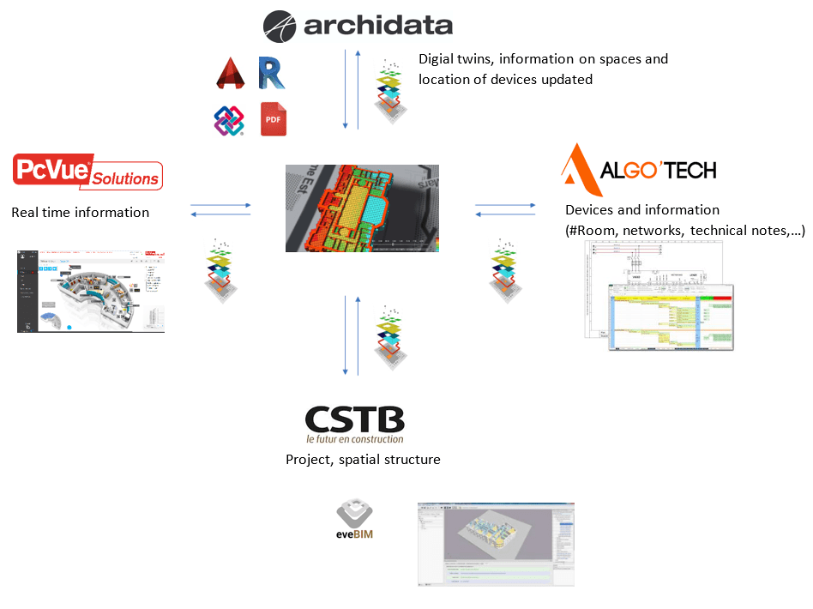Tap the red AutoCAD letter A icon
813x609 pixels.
231,74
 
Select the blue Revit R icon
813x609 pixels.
271,74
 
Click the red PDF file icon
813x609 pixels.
273,119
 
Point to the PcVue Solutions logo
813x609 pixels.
88,171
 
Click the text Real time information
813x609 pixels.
81,212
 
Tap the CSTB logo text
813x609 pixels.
354,420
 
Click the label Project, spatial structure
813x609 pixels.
363,460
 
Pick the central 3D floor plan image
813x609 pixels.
362,208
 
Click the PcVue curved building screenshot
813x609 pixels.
91,291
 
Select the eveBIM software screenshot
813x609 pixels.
495,543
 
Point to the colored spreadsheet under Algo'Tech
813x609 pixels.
671,317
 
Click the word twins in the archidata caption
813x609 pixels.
477,59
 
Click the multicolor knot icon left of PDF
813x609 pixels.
229,120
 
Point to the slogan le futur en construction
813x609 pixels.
354,439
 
